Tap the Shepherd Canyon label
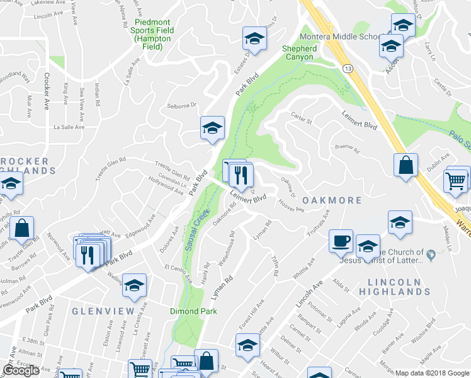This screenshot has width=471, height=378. pos(299,53)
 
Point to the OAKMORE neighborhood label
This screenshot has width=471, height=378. pos(332,200)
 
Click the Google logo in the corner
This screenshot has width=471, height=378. pos(21,370)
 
